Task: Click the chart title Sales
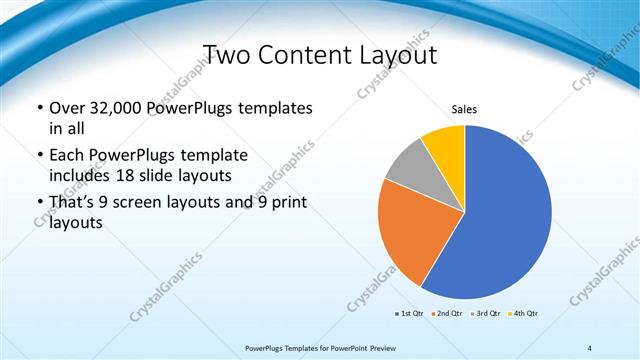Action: click(464, 108)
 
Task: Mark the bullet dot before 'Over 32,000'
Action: click(39, 108)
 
